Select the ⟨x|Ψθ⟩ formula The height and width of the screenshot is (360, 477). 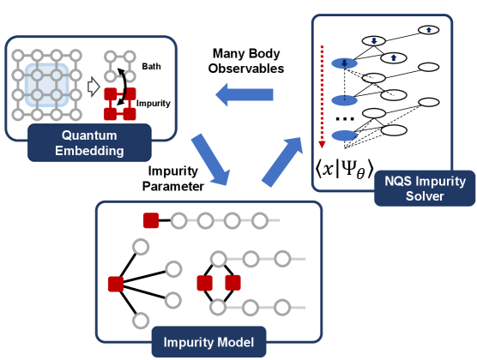tap(347, 167)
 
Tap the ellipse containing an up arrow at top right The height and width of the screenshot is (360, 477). tap(426, 29)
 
